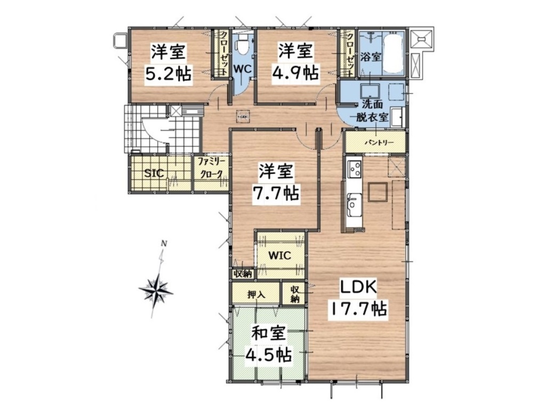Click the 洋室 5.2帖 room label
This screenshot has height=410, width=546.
pyautogui.click(x=168, y=63)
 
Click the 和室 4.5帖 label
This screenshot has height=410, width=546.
pyautogui.click(x=269, y=344)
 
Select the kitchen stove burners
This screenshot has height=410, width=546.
pyautogui.click(x=355, y=169)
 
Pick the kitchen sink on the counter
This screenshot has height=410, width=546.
pyautogui.click(x=354, y=204)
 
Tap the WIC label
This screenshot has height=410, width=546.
pyautogui.click(x=279, y=256)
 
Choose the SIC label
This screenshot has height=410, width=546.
pyautogui.click(x=154, y=173)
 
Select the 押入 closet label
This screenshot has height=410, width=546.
pyautogui.click(x=256, y=295)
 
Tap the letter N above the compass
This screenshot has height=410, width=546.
pyautogui.click(x=164, y=243)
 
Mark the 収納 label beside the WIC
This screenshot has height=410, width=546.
pyautogui.click(x=243, y=274)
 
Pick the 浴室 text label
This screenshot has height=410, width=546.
pyautogui.click(x=371, y=57)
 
